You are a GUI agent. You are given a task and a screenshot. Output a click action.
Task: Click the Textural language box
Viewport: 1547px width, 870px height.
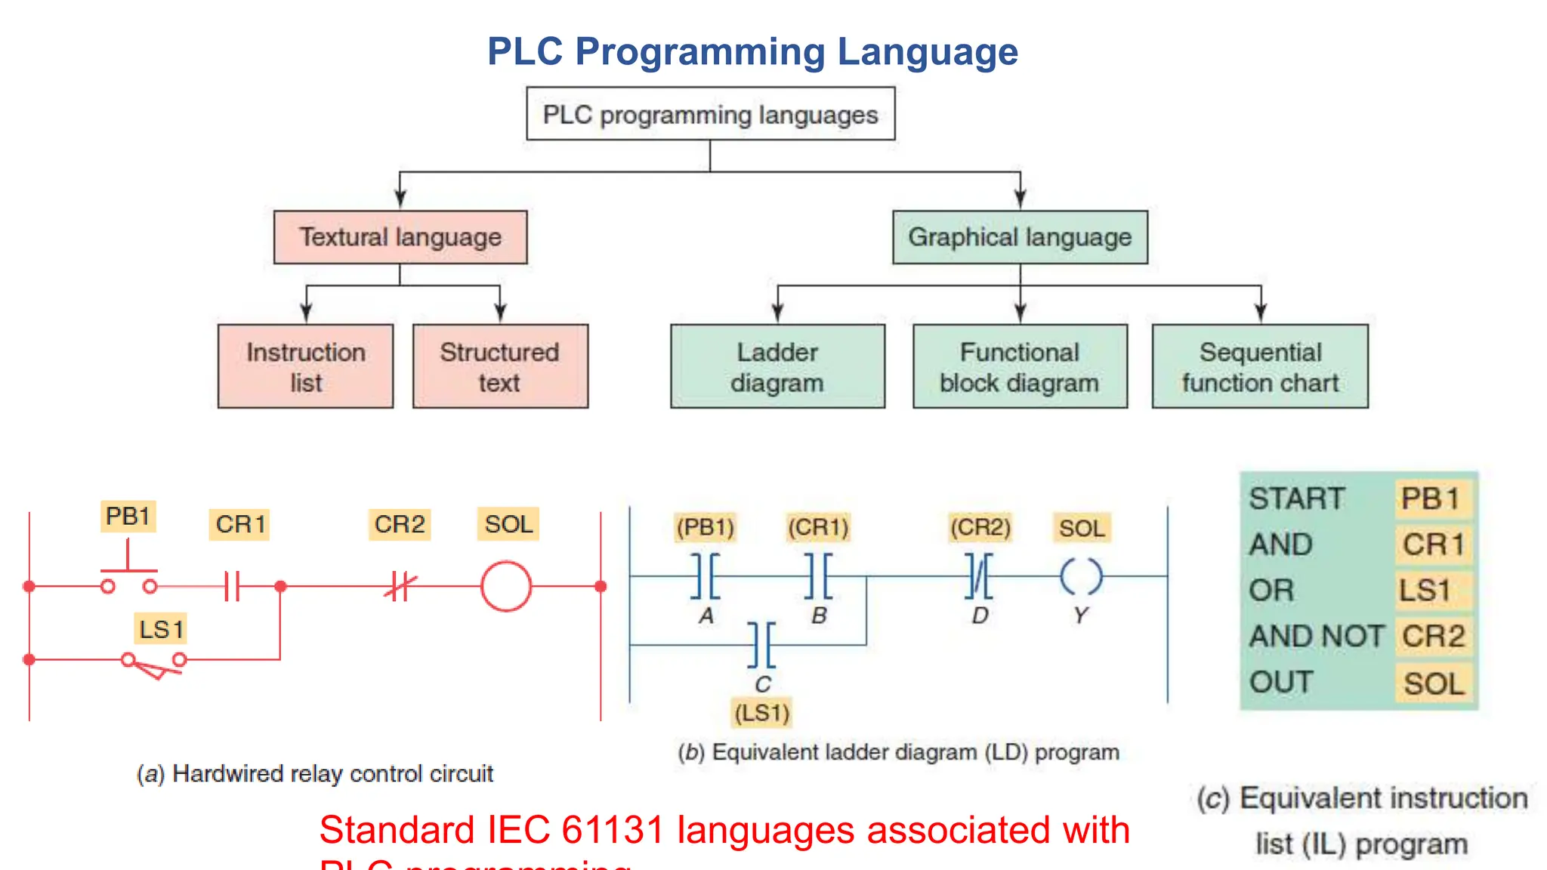pos(400,237)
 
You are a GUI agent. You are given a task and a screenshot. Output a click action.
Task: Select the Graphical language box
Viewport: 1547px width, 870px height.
pos(1020,237)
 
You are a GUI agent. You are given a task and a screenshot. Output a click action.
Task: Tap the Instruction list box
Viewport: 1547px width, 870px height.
pos(305,367)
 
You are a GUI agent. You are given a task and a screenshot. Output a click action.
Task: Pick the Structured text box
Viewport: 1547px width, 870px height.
pos(500,367)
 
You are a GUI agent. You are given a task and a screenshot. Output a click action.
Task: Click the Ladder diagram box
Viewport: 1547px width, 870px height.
pos(777,367)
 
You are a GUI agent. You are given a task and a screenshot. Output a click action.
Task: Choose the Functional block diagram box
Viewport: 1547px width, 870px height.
pos(1020,367)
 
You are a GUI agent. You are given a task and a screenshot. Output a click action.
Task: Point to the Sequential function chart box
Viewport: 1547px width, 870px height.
pos(1260,367)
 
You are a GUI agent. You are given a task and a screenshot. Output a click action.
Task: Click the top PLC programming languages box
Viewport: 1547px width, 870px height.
pos(710,114)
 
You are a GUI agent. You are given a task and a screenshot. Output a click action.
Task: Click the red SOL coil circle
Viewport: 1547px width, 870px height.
pos(506,586)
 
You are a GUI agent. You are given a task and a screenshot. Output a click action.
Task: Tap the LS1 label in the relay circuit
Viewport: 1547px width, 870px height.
pos(161,629)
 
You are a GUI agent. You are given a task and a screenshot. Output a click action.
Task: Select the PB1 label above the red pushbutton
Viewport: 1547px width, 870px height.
pos(128,517)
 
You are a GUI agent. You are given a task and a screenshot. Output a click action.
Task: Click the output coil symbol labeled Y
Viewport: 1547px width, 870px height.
pos(1081,577)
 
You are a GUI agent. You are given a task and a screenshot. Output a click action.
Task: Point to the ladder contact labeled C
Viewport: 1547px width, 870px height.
pos(761,645)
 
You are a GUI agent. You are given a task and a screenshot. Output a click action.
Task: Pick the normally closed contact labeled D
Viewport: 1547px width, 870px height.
pos(980,576)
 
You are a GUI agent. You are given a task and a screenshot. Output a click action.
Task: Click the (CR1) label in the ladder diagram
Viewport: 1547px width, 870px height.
pos(818,527)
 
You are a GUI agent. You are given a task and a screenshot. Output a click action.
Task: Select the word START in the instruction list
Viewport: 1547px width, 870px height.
pos(1296,499)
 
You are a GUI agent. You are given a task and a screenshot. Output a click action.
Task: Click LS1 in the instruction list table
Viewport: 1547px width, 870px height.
pos(1425,591)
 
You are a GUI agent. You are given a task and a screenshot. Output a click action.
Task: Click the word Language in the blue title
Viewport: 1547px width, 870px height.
pos(928,52)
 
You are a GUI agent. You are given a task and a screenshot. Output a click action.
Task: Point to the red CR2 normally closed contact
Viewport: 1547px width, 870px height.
pos(400,586)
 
